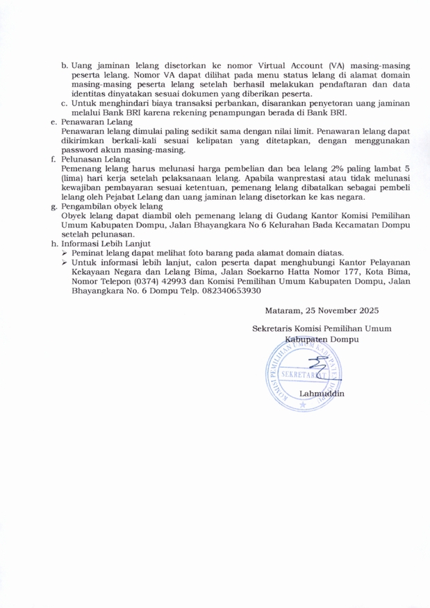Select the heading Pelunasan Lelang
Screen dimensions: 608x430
(89, 159)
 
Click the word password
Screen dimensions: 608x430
(80, 150)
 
